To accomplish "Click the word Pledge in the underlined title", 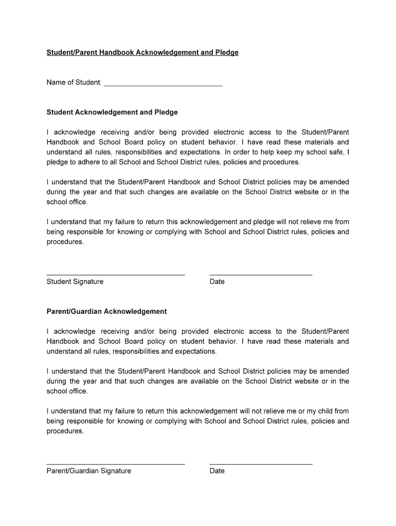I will pos(227,52).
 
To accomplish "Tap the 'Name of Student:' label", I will pos(74,82).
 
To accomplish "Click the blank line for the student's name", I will pos(163,84).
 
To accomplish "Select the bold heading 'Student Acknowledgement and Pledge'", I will pos(112,112).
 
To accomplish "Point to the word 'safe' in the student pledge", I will pos(336,152).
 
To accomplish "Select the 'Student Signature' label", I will pos(75,281).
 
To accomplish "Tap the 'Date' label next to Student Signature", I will pos(217,281).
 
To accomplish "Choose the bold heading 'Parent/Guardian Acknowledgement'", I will pos(106,311).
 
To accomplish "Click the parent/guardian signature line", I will pos(116,464).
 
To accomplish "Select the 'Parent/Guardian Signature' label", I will pos(89,471).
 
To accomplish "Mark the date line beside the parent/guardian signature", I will pos(261,464).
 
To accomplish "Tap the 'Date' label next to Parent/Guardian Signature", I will pos(217,471).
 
